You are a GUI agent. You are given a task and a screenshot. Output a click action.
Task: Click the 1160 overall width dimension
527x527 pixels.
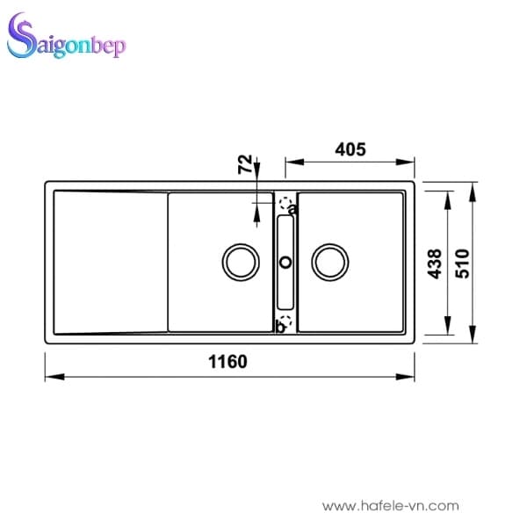tap(229, 361)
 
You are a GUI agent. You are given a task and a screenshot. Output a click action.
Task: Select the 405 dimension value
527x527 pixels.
tap(349, 148)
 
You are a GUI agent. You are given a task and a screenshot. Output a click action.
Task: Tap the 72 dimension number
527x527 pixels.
tap(245, 163)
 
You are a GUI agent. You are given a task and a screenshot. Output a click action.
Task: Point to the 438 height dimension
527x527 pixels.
tap(433, 263)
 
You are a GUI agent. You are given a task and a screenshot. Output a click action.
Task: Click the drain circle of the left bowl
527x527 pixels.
tap(240, 262)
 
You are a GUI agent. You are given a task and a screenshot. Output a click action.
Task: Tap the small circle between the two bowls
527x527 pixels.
tap(285, 262)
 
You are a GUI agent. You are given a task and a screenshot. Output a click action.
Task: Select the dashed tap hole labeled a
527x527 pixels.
tap(285, 205)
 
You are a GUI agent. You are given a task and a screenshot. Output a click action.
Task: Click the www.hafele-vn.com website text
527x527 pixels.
tap(390, 506)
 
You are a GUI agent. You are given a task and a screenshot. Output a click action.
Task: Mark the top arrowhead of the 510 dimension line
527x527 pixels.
tap(474, 188)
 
